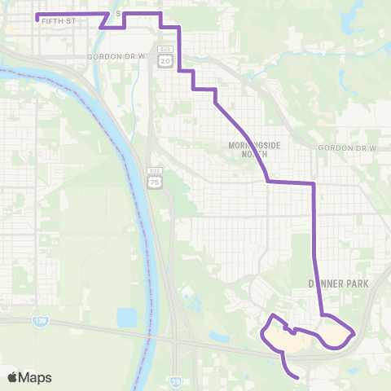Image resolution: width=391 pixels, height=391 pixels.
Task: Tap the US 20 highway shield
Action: pos(167,61)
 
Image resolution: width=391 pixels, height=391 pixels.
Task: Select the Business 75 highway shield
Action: pos(154,183)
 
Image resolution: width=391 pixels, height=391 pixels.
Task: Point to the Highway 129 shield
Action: pos(41,322)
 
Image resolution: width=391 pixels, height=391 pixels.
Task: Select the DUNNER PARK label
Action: pos(339,283)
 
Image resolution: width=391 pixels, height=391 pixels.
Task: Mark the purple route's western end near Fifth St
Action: pos(37,15)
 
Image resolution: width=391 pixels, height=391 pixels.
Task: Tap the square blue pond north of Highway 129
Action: pos(126,315)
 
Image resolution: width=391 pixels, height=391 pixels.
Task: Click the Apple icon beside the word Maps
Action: pos(13,377)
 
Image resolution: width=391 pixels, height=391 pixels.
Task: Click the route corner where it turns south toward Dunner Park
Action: pos(314,184)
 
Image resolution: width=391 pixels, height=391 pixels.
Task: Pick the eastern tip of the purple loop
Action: pos(354,333)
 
